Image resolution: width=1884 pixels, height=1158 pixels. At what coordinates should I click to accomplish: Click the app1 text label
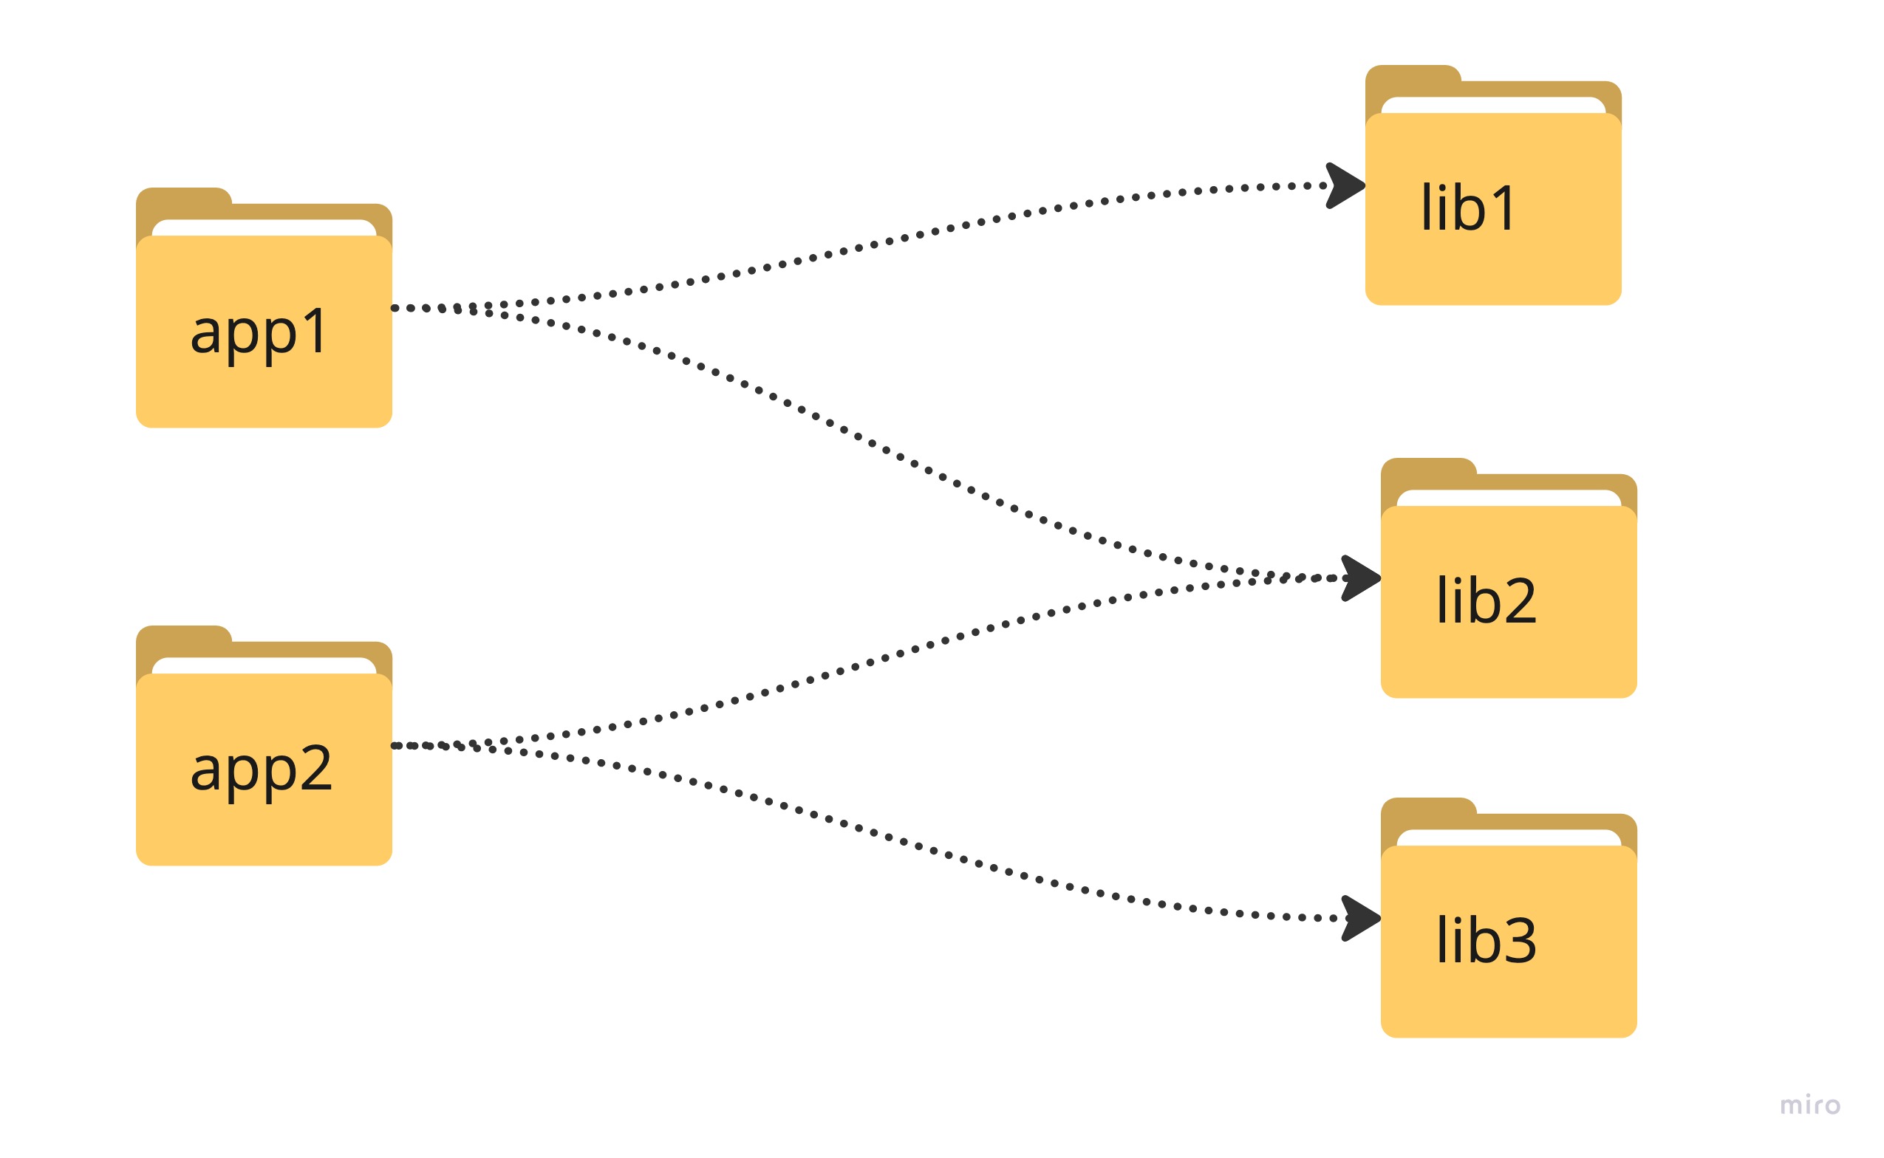(259, 332)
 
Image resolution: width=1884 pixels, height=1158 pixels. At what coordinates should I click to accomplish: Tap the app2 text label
(261, 769)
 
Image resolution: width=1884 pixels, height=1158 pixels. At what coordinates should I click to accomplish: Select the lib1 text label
(1467, 208)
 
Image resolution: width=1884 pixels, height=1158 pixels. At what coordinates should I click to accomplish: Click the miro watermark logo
(1809, 1105)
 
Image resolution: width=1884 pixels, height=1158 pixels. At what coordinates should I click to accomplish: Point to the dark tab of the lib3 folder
(1428, 812)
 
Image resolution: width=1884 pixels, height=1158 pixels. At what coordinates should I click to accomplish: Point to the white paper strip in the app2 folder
(264, 665)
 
